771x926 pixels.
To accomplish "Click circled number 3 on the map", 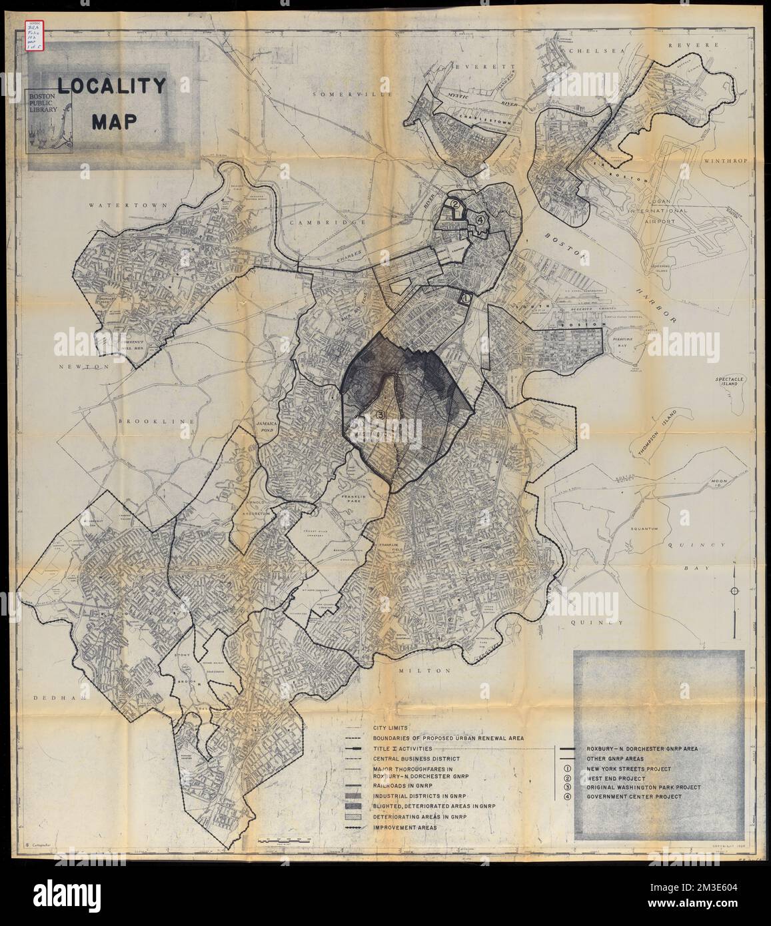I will [381, 414].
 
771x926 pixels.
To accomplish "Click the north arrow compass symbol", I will [734, 592].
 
